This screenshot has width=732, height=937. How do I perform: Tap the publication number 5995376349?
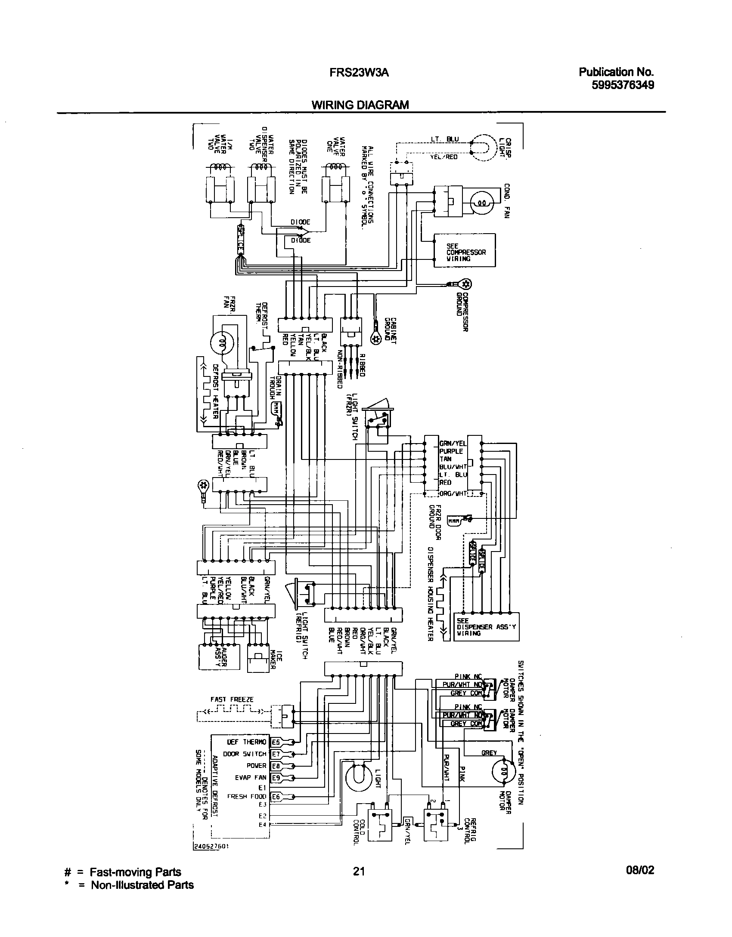click(x=623, y=85)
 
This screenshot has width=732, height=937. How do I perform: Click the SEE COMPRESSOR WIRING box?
click(x=464, y=250)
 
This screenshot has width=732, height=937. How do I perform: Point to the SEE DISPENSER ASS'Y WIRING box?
click(x=486, y=627)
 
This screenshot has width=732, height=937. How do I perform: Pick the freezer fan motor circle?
click(x=223, y=342)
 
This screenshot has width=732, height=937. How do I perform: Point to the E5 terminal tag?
click(x=276, y=742)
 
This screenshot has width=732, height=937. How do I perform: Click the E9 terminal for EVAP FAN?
click(x=276, y=778)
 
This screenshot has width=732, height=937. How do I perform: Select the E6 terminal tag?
click(x=276, y=796)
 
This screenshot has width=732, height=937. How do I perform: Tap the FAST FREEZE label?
click(x=232, y=700)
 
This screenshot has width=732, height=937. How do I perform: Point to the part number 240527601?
click(x=211, y=857)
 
